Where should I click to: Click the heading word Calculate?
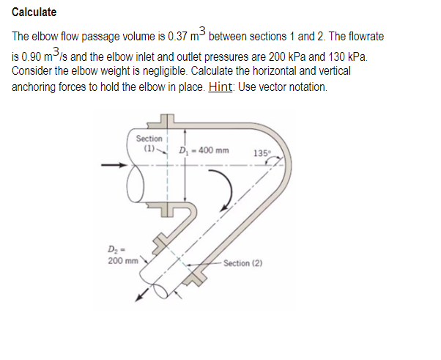(x=34, y=12)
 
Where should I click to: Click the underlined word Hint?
(x=220, y=87)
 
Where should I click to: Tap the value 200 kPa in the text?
(x=294, y=56)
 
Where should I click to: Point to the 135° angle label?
(x=261, y=153)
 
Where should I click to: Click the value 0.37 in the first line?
(x=178, y=37)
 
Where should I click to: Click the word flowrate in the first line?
(x=363, y=37)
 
